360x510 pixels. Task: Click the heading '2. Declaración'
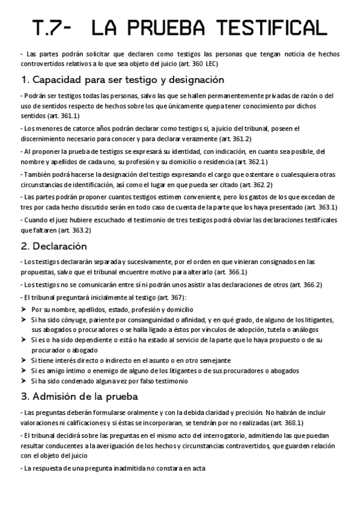(x=54, y=246)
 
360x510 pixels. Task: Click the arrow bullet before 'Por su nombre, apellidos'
(x=23, y=309)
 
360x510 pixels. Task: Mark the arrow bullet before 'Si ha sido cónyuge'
(x=23, y=320)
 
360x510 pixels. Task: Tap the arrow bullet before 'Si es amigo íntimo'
(x=23, y=370)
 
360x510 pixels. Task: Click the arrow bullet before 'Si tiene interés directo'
(x=23, y=360)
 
